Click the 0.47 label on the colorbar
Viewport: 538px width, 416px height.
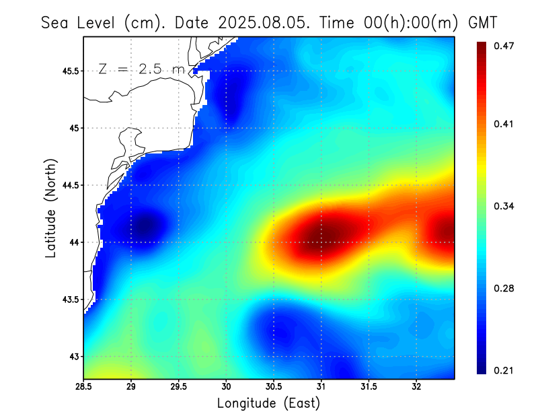(503, 46)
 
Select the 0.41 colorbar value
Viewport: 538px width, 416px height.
(503, 124)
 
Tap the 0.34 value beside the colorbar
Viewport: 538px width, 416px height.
(503, 206)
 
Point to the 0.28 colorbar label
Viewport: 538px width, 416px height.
(503, 288)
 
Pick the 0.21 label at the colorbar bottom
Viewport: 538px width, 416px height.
(503, 370)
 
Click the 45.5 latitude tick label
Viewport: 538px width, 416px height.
(69, 71)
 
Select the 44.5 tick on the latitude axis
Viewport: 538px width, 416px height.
(69, 185)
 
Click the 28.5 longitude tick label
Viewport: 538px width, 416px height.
(83, 387)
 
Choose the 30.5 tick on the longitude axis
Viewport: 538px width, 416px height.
(274, 387)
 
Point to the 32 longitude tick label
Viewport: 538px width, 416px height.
(416, 387)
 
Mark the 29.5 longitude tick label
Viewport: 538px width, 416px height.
(178, 387)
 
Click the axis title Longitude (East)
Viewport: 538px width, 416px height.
(268, 403)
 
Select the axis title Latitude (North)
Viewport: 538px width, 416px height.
(51, 207)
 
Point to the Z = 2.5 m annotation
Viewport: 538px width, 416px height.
(141, 69)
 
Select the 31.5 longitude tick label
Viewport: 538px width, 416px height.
(369, 387)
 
